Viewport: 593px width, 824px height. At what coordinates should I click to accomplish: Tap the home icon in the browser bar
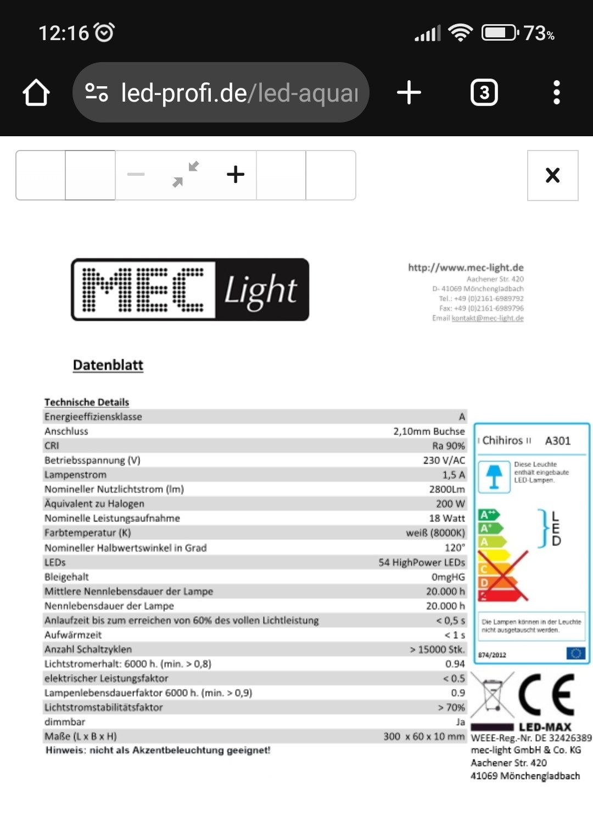pyautogui.click(x=36, y=93)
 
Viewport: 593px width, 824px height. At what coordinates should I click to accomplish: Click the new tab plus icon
pyautogui.click(x=409, y=92)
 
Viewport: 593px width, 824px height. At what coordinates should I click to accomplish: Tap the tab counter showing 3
pyautogui.click(x=484, y=93)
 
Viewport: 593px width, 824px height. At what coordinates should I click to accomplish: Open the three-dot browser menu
pyautogui.click(x=557, y=92)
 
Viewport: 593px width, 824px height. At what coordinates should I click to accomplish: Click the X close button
pyautogui.click(x=552, y=175)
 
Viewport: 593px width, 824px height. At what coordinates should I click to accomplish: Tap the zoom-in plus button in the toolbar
pyautogui.click(x=236, y=175)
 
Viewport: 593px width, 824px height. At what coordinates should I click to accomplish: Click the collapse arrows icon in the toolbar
pyautogui.click(x=186, y=175)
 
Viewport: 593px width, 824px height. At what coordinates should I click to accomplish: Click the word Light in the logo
pyautogui.click(x=261, y=290)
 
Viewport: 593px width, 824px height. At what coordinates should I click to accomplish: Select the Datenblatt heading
pyautogui.click(x=108, y=365)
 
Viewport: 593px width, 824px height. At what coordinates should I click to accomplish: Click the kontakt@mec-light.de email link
pyautogui.click(x=488, y=318)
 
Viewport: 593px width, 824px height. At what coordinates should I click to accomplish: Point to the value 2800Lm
pyautogui.click(x=447, y=489)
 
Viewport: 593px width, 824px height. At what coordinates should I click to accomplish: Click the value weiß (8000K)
pyautogui.click(x=435, y=533)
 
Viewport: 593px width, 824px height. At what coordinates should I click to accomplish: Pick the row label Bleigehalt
pyautogui.click(x=66, y=577)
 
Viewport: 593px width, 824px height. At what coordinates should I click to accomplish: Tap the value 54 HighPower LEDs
pyautogui.click(x=422, y=563)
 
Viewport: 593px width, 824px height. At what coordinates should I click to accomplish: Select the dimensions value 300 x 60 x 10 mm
pyautogui.click(x=424, y=736)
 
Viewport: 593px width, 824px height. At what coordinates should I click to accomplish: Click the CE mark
pyautogui.click(x=546, y=694)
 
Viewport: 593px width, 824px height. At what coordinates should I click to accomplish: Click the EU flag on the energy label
pyautogui.click(x=575, y=653)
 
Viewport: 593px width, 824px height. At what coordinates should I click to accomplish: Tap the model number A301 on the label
pyautogui.click(x=558, y=441)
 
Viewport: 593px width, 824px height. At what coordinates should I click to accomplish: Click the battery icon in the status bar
pyautogui.click(x=500, y=33)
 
